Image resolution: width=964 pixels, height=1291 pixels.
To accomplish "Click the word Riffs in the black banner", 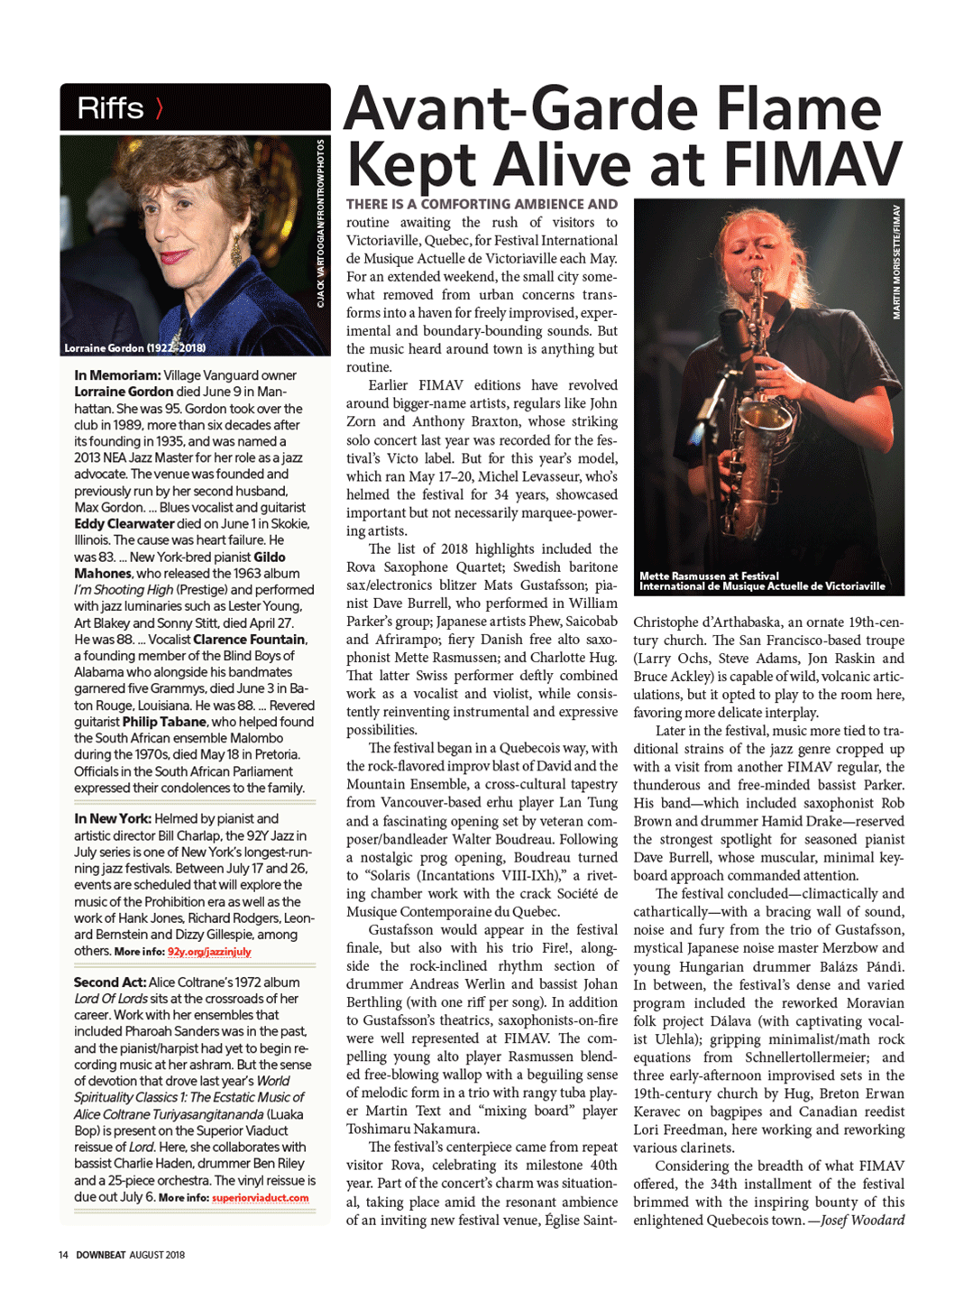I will [110, 108].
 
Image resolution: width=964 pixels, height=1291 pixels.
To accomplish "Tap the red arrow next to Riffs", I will [159, 108].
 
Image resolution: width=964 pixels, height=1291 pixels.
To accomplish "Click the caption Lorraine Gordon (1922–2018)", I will [134, 347].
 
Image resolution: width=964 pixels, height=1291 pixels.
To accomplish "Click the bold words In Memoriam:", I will [117, 375].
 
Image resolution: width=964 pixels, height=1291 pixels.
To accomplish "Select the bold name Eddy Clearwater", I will [124, 523].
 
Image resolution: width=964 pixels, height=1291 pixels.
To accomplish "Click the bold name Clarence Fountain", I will [249, 640].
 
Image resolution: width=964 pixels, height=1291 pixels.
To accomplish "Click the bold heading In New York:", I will [113, 818].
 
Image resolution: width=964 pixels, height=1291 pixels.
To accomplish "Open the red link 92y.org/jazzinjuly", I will [209, 952].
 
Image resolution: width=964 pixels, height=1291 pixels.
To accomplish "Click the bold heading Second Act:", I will [109, 982].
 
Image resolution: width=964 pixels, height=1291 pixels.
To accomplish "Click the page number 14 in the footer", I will [63, 1254].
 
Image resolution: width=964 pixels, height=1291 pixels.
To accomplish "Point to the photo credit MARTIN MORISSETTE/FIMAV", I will [896, 262].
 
